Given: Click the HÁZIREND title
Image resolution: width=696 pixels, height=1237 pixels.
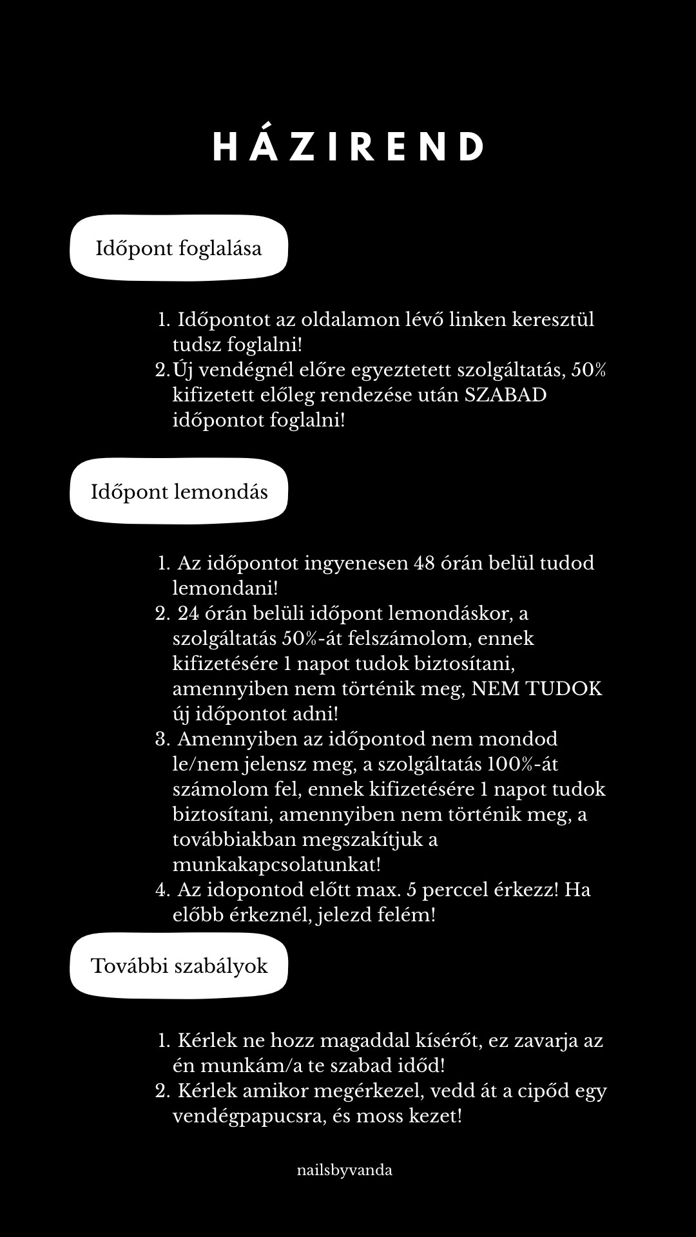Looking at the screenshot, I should pos(348,147).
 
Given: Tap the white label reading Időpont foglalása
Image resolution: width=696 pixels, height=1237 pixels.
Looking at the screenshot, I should pos(179,249).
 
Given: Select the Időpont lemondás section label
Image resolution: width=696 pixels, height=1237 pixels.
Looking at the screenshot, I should pos(179,492).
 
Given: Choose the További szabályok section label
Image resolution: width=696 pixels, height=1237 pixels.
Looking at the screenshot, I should pos(179,966).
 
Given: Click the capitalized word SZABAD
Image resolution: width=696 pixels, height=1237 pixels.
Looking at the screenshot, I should pos(505,395).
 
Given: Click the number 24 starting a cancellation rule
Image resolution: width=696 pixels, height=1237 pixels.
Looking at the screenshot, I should pos(189,613).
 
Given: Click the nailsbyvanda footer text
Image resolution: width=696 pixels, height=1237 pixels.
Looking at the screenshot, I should pos(345,1170).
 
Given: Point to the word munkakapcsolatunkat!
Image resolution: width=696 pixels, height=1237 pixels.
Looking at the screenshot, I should pos(276,865).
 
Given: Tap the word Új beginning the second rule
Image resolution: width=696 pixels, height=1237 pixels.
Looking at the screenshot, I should pos(183,370).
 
